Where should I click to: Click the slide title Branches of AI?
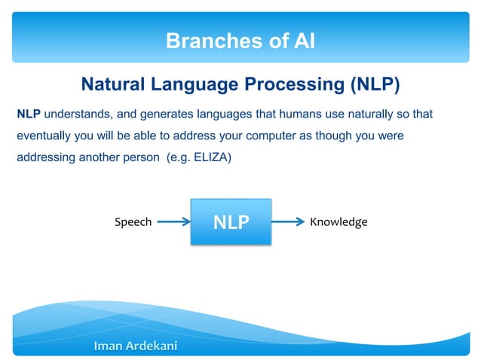pyautogui.click(x=240, y=41)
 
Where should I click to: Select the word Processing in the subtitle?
pyautogui.click(x=297, y=84)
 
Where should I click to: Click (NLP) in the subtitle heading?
pyautogui.click(x=373, y=84)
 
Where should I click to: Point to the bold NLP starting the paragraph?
pyautogui.click(x=29, y=114)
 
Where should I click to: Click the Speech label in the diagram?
pyautogui.click(x=133, y=222)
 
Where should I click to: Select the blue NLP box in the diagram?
pyautogui.click(x=231, y=222)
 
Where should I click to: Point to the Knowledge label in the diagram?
pyautogui.click(x=339, y=222)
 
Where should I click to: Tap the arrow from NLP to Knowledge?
pyautogui.click(x=289, y=222)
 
